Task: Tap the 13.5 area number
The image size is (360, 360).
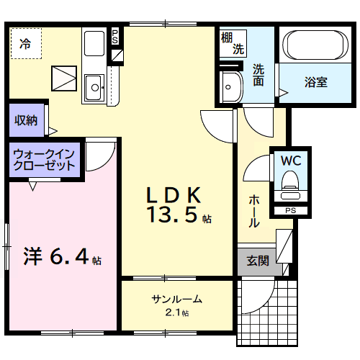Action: [x=172, y=215]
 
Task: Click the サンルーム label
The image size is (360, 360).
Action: [x=176, y=300]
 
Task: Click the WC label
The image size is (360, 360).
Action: [x=291, y=159]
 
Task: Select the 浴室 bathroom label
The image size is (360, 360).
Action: [x=315, y=81]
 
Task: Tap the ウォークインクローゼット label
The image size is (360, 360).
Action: [x=45, y=160]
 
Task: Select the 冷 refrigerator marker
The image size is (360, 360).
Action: [x=25, y=42]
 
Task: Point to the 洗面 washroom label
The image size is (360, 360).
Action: [x=258, y=76]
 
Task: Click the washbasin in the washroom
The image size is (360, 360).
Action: [x=230, y=88]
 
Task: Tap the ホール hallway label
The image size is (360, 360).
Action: [x=254, y=211]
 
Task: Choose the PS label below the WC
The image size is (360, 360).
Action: [x=290, y=210]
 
